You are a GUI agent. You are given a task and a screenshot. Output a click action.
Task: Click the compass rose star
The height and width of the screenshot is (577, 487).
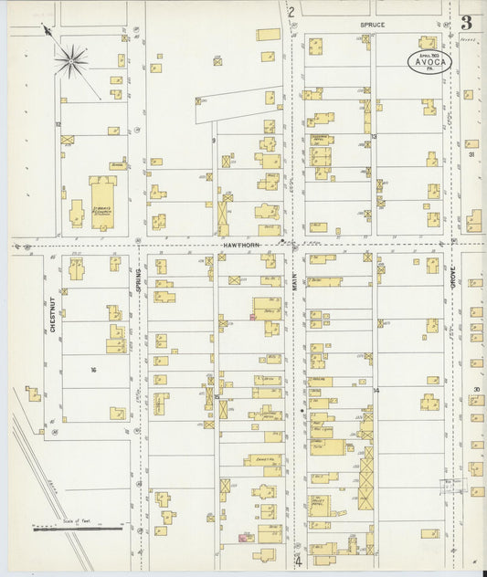(x=71, y=61)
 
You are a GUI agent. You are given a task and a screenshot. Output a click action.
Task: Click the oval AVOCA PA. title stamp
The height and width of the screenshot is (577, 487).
(x=429, y=62)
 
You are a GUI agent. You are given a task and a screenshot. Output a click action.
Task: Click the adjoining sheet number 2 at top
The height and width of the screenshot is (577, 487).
(x=291, y=12)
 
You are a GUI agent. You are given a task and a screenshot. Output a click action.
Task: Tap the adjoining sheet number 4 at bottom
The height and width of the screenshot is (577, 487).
(x=297, y=561)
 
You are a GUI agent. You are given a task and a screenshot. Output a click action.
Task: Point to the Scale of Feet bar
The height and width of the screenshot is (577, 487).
(x=77, y=527)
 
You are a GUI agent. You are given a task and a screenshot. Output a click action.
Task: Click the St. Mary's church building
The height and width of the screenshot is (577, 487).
(x=102, y=202)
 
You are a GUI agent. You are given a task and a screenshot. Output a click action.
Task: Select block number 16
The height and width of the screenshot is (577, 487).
(x=93, y=370)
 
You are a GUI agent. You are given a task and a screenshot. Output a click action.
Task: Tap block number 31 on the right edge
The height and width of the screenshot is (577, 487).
(x=472, y=154)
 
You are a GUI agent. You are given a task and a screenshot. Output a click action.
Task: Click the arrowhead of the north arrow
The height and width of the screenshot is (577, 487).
(x=46, y=30)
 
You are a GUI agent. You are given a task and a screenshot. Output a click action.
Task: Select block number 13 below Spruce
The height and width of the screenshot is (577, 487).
(x=375, y=137)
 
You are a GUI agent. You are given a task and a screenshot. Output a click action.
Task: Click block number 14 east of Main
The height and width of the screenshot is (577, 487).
(x=376, y=390)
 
